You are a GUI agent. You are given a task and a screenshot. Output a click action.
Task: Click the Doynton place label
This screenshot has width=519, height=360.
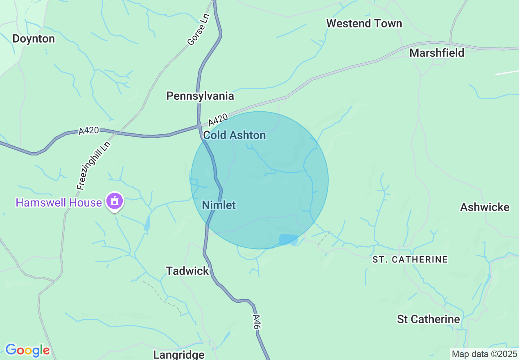click(x=34, y=39)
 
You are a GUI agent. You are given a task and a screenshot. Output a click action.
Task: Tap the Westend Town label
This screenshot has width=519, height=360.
click(x=364, y=24)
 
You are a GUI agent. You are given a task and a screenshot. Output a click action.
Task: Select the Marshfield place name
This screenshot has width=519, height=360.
click(x=437, y=53)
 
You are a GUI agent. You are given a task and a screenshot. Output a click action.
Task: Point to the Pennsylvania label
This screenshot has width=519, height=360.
click(x=200, y=96)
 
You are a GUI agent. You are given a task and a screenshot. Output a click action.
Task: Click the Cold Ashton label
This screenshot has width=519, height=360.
click(x=235, y=135)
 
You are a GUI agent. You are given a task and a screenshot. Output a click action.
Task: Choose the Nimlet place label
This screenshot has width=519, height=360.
click(x=219, y=205)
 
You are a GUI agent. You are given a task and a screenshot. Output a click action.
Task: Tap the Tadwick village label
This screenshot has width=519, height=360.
click(x=187, y=271)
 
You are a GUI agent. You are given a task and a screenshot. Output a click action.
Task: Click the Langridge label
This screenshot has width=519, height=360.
click(x=178, y=354)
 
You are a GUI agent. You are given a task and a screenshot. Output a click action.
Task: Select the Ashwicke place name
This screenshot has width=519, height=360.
click(x=485, y=207)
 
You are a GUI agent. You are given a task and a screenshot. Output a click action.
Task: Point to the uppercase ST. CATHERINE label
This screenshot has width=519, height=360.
click(x=410, y=259)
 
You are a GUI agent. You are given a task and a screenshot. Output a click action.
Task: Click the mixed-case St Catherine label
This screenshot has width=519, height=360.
click(x=429, y=319)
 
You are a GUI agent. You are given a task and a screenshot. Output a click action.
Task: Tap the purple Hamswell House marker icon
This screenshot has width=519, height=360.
click(x=114, y=202)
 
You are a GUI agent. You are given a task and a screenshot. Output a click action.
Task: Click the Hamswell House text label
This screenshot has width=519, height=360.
click(x=59, y=202)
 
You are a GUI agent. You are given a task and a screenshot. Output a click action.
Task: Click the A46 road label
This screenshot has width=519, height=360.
click(x=256, y=322)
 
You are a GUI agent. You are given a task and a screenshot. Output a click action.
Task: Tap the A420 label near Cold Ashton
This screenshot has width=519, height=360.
click(x=218, y=120)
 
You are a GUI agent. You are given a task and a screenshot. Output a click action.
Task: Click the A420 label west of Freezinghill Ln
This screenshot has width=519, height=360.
click(x=89, y=131)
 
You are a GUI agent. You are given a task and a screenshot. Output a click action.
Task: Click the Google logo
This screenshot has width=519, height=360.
click(x=27, y=350)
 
